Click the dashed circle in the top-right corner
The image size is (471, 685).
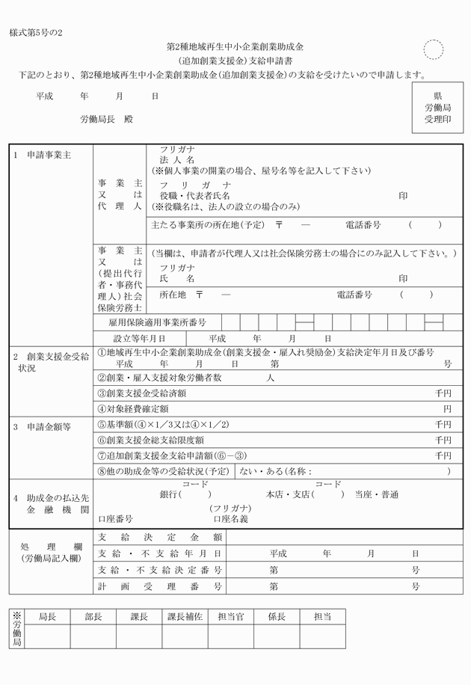433,50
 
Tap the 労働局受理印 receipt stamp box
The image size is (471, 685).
437,108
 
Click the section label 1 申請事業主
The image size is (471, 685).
43,155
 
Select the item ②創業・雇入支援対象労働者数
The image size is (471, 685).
161,378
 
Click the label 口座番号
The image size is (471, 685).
115,518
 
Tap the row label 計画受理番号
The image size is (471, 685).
160,586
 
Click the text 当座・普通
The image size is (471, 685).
376,495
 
